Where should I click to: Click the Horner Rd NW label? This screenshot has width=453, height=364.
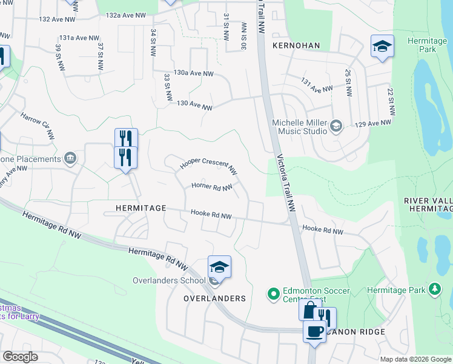pos(212,187)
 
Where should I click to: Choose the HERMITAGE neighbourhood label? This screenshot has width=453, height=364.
pos(141,207)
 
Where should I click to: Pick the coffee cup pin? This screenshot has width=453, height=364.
pos(314,332)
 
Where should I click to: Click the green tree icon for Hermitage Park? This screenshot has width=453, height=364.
pos(434,291)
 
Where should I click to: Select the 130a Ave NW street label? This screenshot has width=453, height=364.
pos(193,73)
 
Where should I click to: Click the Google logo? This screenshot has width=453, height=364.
pos(20,357)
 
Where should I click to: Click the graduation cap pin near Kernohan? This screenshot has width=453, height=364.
pos(382,47)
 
